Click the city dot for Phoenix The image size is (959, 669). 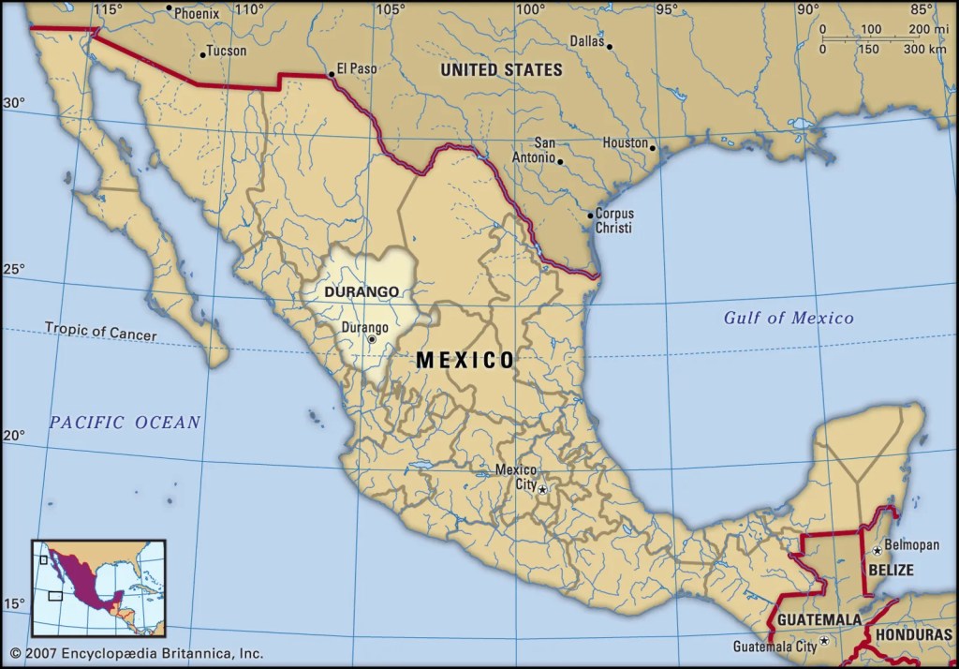(x=169, y=9)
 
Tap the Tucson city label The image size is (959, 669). (x=226, y=52)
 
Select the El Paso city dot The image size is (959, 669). (x=330, y=74)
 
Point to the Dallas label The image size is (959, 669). (x=587, y=41)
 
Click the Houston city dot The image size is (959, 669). (x=653, y=147)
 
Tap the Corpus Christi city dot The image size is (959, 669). (x=590, y=215)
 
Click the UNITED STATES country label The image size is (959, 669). (x=501, y=69)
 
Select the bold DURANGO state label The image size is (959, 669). (x=361, y=291)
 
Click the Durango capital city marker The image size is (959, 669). (x=371, y=339)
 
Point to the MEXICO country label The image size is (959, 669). (x=465, y=360)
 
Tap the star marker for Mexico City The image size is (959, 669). (x=542, y=489)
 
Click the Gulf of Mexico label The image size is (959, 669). (x=789, y=318)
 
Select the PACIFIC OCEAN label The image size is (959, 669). (x=125, y=423)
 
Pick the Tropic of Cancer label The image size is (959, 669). (x=101, y=332)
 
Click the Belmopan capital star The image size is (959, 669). (x=877, y=550)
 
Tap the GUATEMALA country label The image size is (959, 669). (x=819, y=620)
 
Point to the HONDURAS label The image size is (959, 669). (x=914, y=634)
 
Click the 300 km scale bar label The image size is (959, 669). (x=925, y=49)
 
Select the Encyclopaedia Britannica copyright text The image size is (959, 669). (x=137, y=653)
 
